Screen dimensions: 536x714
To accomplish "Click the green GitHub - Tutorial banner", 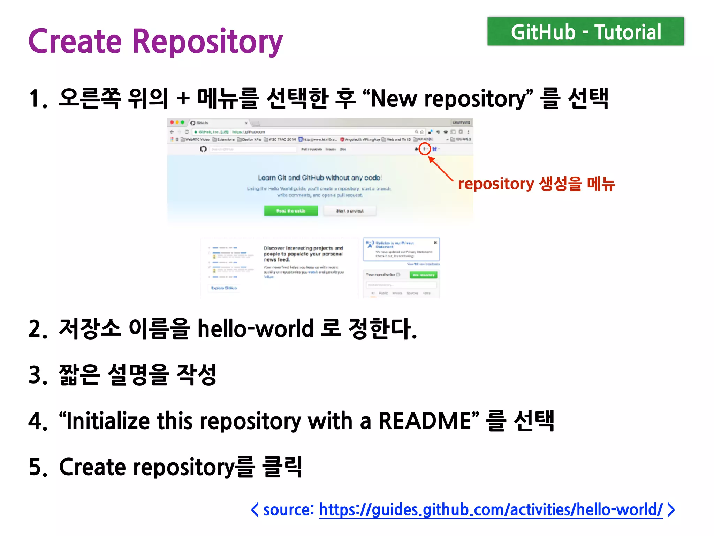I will click(585, 32).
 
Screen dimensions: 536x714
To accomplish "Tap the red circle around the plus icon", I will click(424, 149).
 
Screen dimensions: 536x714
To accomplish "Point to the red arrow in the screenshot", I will click(441, 169).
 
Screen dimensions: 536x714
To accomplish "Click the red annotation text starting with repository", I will click(536, 184).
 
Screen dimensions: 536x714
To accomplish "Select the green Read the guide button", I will click(291, 211).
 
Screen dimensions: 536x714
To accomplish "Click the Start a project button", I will click(350, 211).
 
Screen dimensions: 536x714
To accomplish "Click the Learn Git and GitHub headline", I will click(320, 178).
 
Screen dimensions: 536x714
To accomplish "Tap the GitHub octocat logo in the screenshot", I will click(203, 149).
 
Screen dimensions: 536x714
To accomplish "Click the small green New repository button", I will click(423, 275).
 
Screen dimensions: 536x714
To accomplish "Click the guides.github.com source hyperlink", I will click(491, 510).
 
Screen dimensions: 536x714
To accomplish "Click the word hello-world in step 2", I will click(256, 329).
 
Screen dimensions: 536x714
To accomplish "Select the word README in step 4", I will click(425, 421).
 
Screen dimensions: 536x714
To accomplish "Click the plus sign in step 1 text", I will click(183, 98).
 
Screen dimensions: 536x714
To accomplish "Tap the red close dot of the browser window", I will click(172, 122).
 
